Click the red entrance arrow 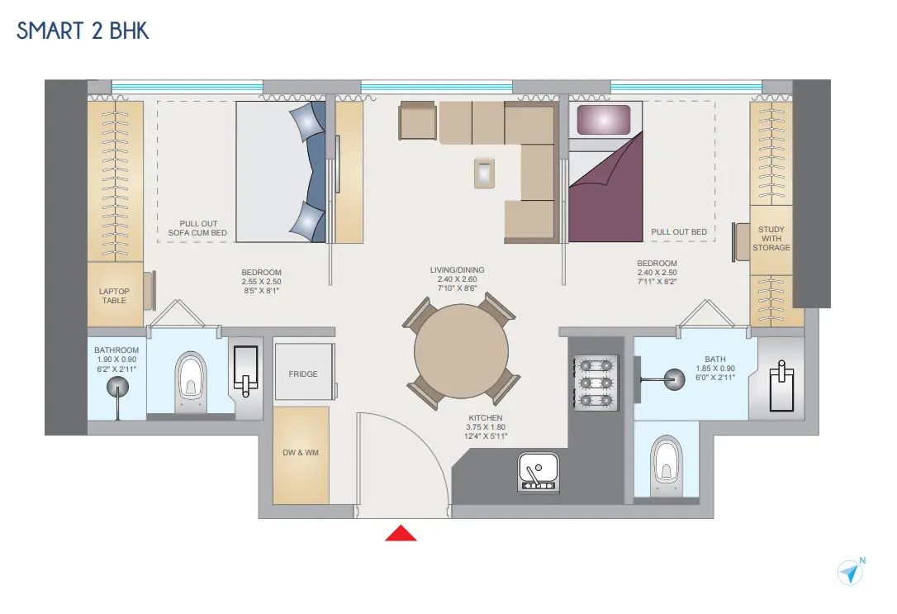[x=401, y=533]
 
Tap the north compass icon [x=851, y=572]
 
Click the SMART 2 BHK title [x=83, y=31]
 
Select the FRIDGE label [x=303, y=374]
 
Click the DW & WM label [x=301, y=453]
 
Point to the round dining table [x=461, y=350]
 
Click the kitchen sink [x=539, y=472]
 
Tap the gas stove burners [x=596, y=383]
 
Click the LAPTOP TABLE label [x=114, y=296]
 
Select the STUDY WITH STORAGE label [x=771, y=239]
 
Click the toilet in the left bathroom [x=191, y=381]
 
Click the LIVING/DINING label [x=457, y=270]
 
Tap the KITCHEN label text [x=486, y=417]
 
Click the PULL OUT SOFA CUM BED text [x=197, y=228]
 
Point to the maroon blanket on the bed [x=605, y=189]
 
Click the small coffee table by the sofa [x=485, y=172]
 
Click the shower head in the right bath [x=674, y=379]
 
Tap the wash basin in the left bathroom [x=246, y=369]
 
